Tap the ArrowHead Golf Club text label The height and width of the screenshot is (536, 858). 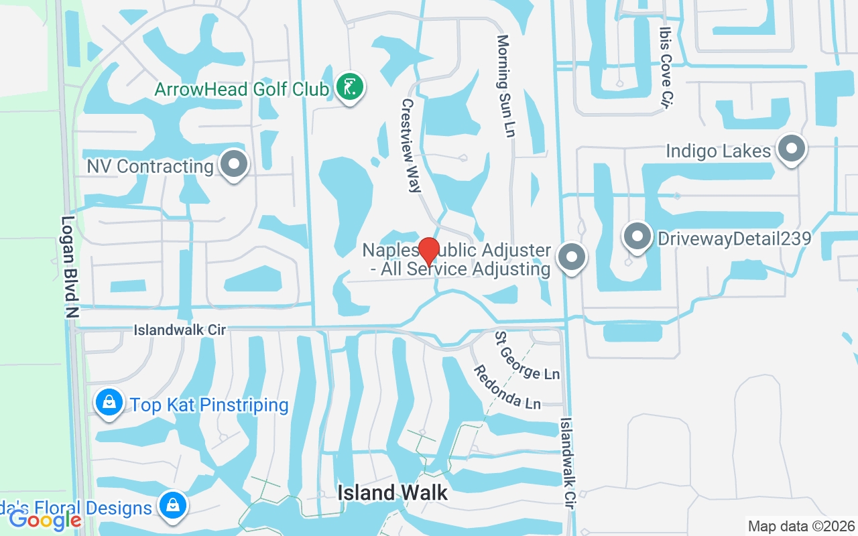[x=242, y=89]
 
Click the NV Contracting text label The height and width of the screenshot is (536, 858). [x=150, y=166]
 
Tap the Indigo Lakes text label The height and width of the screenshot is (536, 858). [x=718, y=151]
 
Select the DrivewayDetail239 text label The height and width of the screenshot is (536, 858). [x=734, y=239]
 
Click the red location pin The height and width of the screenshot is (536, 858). [x=429, y=251]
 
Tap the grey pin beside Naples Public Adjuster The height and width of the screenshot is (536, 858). [x=572, y=257]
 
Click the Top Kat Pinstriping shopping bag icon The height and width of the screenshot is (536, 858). [x=109, y=403]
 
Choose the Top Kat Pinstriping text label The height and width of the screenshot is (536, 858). [x=209, y=405]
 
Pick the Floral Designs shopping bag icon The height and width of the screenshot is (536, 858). [x=173, y=505]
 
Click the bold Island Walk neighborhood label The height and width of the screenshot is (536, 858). [x=392, y=492]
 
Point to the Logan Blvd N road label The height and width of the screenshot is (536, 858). [x=70, y=266]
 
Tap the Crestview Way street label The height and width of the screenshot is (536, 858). [x=410, y=145]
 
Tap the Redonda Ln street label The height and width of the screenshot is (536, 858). [x=507, y=387]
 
